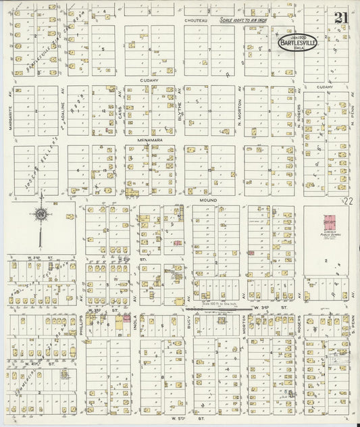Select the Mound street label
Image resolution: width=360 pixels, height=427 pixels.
[206, 201]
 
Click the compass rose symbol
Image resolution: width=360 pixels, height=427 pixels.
[40, 214]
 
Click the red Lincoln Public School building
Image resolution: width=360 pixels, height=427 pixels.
[331, 222]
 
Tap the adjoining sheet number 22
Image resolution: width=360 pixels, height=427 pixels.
[349, 201]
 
